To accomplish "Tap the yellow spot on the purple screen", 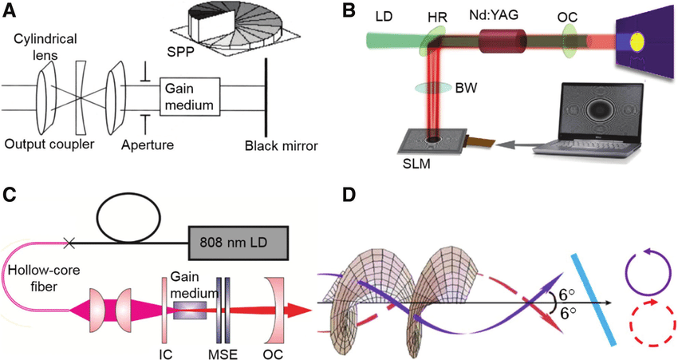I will pyautogui.click(x=638, y=42).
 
